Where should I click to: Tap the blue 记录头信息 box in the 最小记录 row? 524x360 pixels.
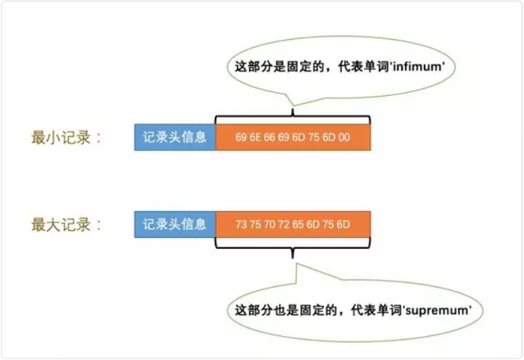click(x=175, y=137)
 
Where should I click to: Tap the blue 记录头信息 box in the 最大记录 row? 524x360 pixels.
click(x=175, y=224)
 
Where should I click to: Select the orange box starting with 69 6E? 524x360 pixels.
click(x=293, y=137)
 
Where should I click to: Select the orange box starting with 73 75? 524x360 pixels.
click(x=293, y=224)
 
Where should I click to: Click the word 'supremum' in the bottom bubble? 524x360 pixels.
click(x=440, y=310)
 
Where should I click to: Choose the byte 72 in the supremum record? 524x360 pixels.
click(x=286, y=224)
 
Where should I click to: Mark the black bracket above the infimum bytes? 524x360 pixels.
click(x=292, y=117)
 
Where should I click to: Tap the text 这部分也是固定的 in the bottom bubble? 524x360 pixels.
click(x=279, y=310)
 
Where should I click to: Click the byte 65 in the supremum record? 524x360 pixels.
click(x=300, y=224)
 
